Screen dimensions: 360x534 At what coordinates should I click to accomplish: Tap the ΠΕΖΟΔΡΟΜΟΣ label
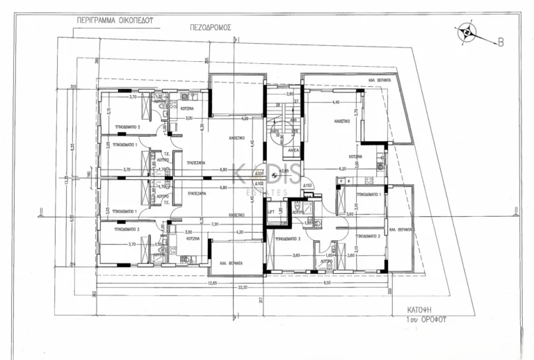click(x=209, y=29)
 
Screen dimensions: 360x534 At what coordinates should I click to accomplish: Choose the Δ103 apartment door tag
click(x=308, y=185)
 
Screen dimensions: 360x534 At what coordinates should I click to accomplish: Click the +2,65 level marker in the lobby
click(x=283, y=170)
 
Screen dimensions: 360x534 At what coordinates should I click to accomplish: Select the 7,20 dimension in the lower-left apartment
click(x=214, y=224)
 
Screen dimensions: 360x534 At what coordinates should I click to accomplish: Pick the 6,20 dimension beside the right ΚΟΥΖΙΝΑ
click(x=342, y=168)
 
